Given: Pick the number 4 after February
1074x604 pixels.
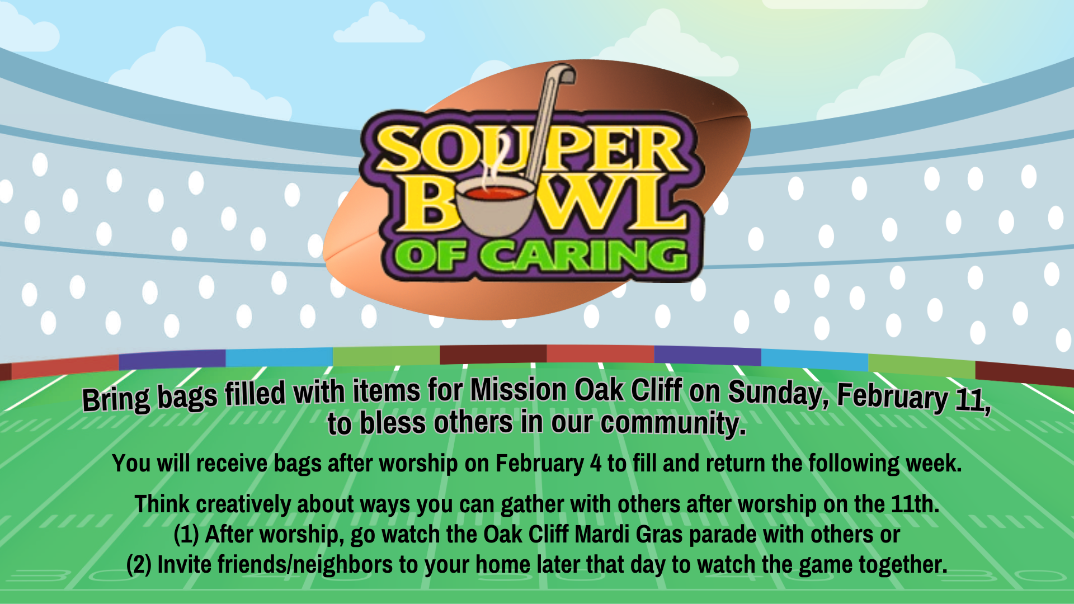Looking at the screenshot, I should pos(596,464).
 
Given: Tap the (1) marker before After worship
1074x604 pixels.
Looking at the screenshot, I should pos(186,535).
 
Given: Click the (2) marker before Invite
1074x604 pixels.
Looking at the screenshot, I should pos(139,565).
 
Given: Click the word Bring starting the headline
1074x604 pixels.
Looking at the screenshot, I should pos(116,399).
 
